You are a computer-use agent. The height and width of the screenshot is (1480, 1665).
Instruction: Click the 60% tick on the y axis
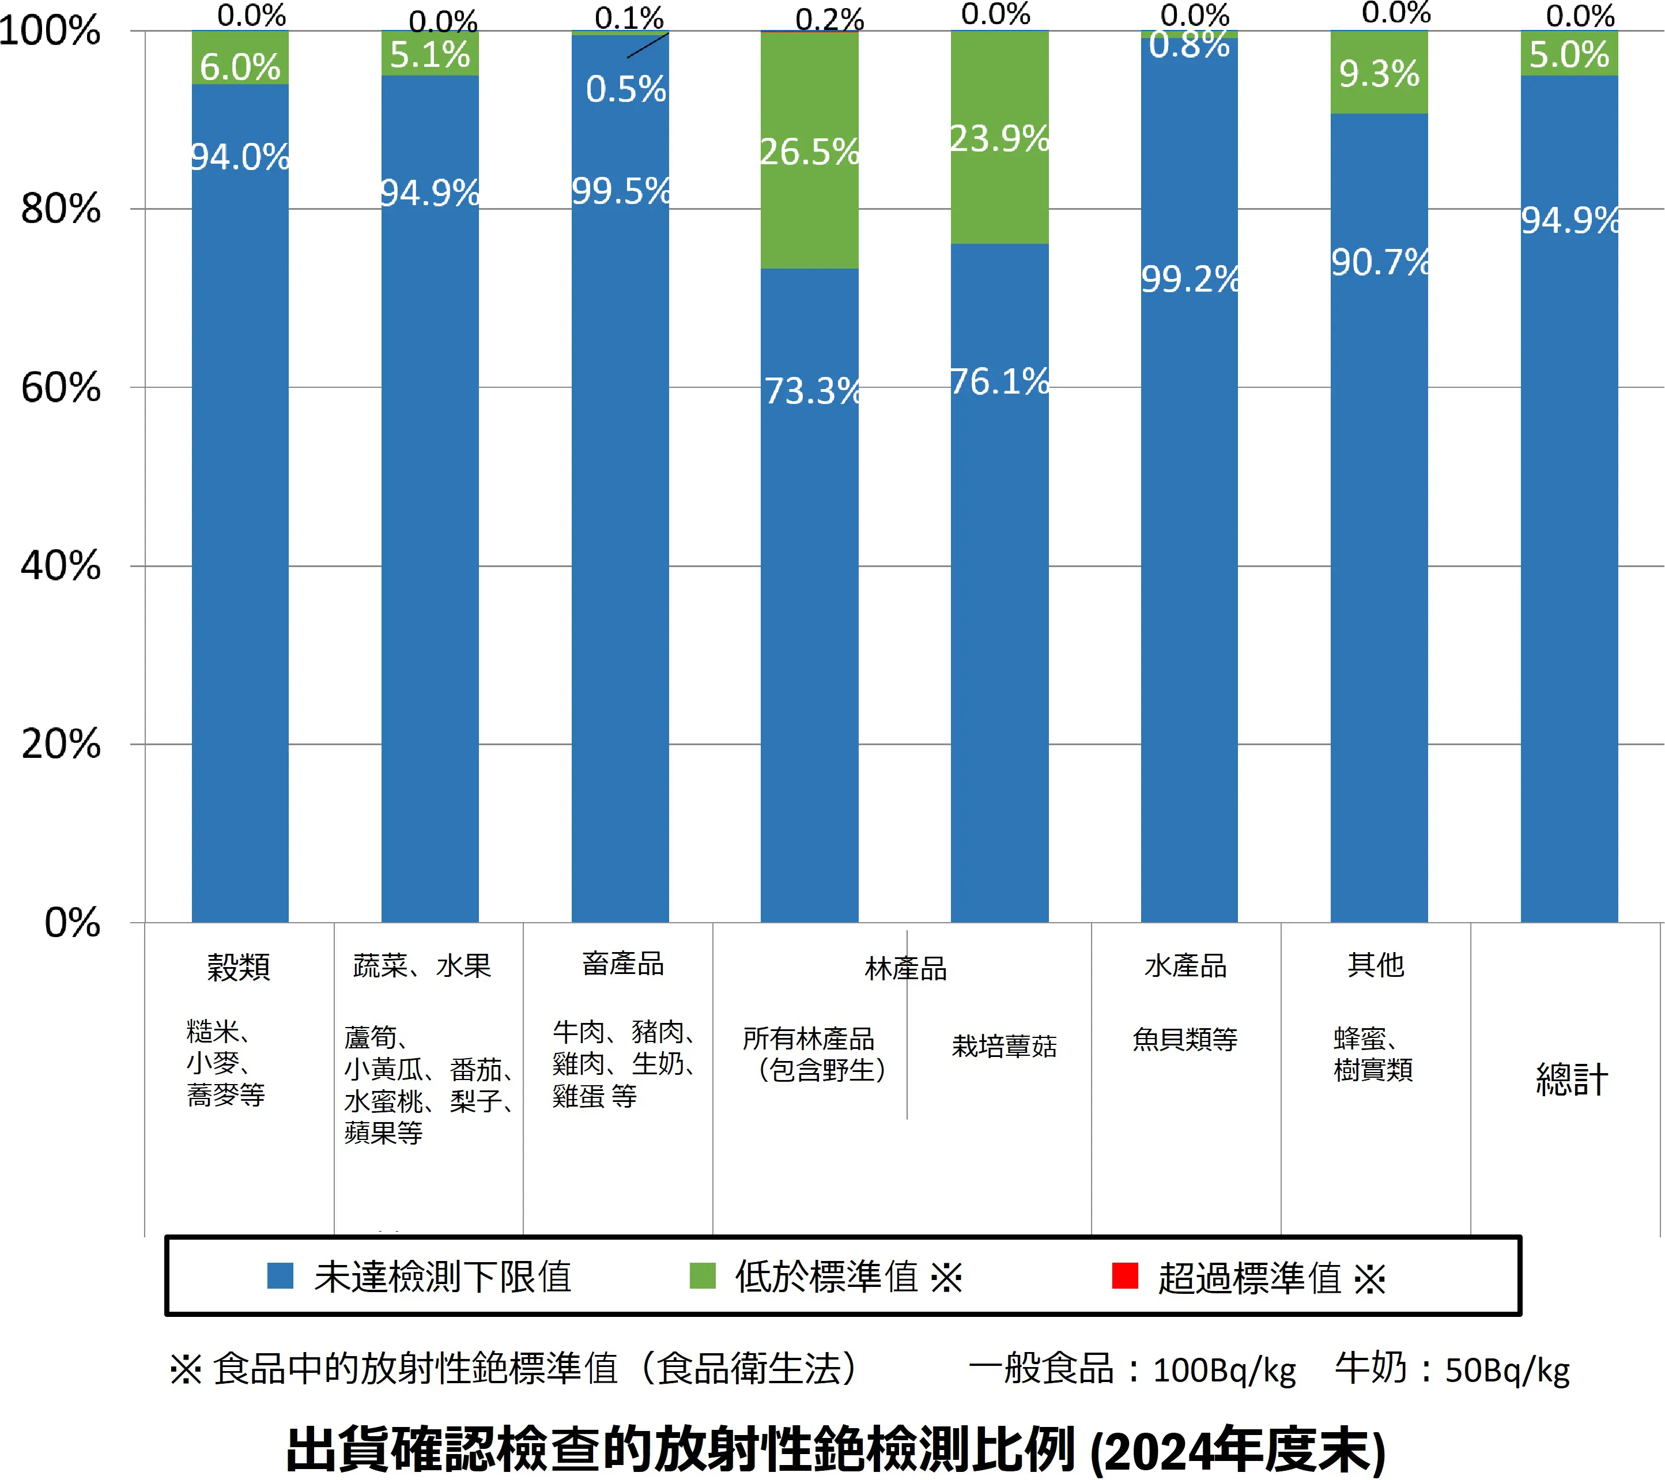pos(61,388)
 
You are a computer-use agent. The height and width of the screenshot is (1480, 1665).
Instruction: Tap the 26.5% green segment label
pos(809,152)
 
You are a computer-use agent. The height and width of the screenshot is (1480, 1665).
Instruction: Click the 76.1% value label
pos(999,382)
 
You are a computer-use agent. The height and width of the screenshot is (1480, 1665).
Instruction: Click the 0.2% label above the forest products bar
pos(829,20)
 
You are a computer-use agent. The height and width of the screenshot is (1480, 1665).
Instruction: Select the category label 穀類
pos(238,967)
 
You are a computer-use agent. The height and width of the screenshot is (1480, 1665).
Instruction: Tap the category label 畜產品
pos(622,964)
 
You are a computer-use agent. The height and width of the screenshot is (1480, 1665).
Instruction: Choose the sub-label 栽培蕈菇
pos(1003,1046)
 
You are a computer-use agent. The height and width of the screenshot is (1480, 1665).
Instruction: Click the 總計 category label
pos(1571,1079)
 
